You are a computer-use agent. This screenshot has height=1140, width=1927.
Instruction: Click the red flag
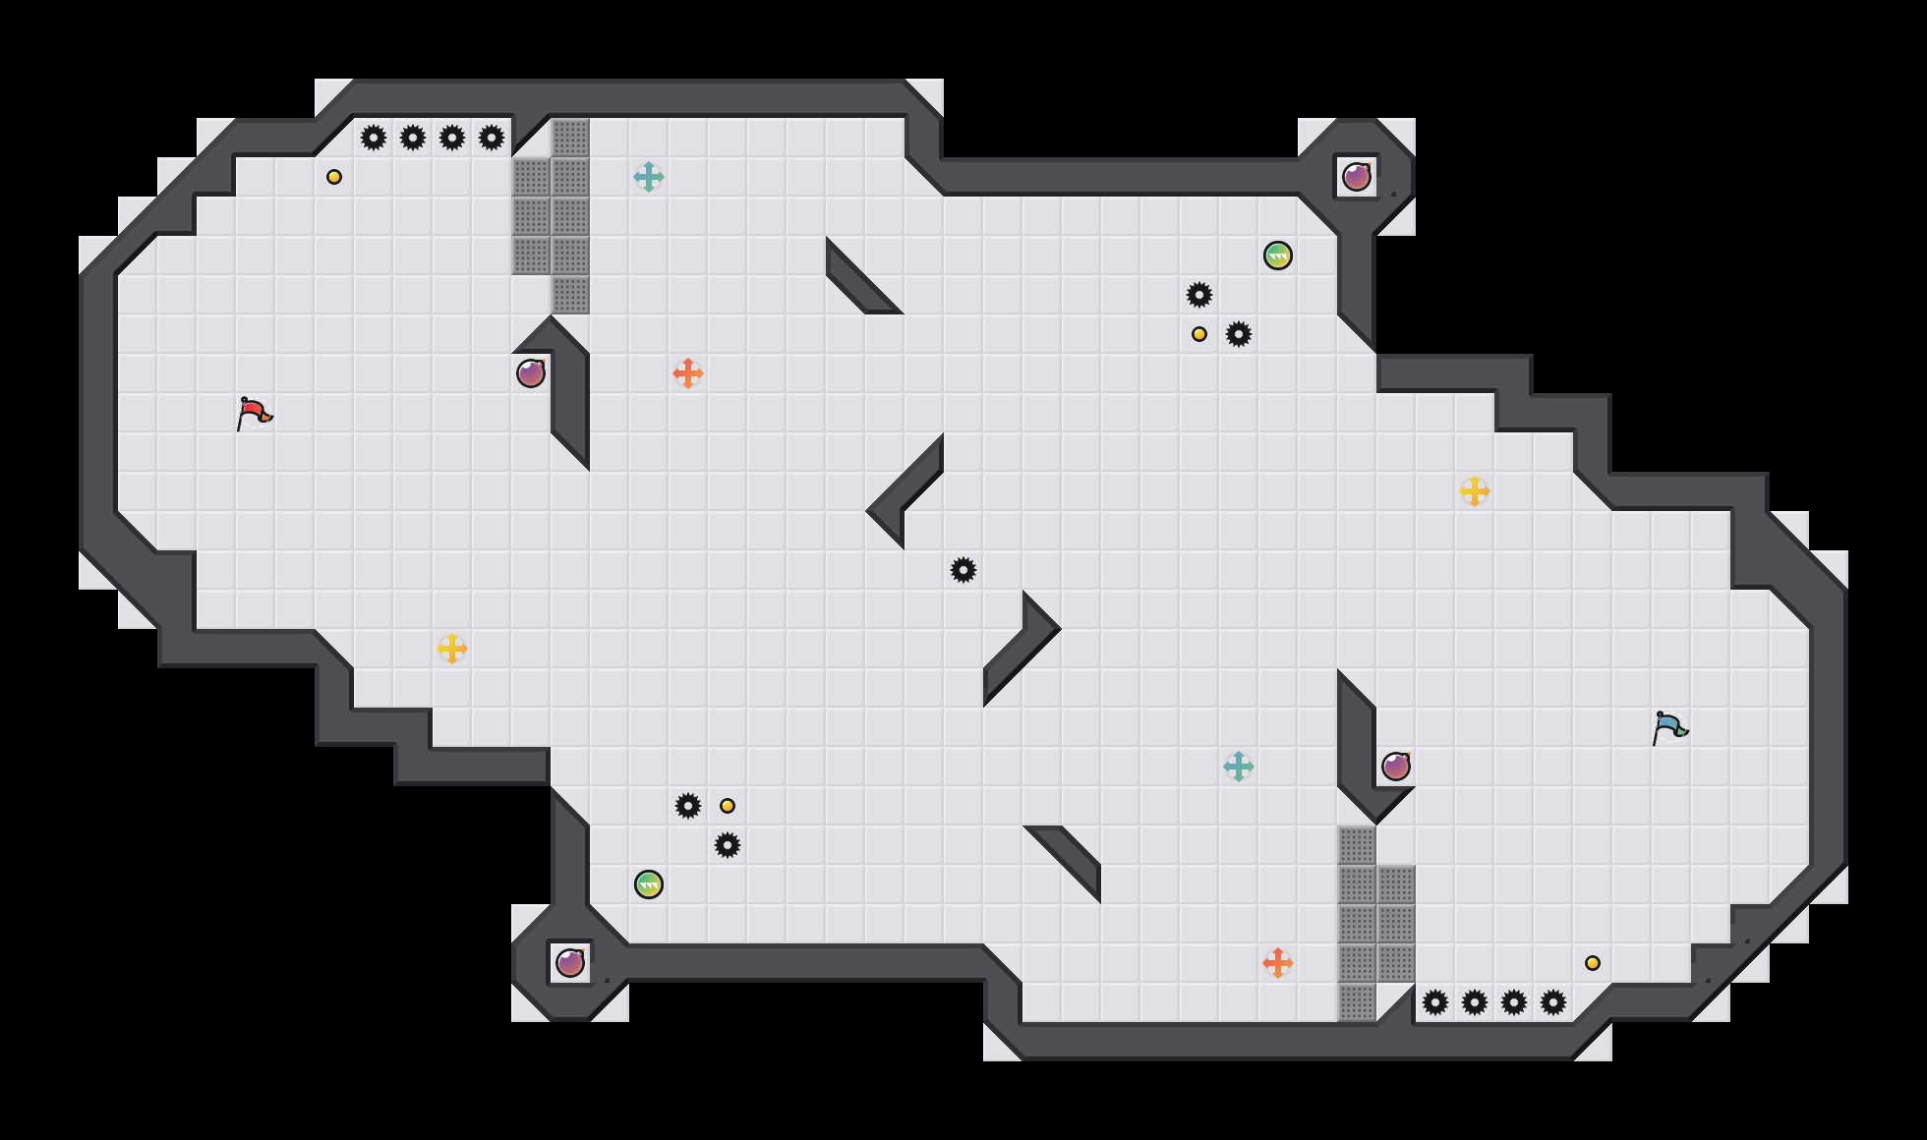[x=254, y=413]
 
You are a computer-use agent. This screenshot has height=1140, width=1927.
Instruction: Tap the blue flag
[x=1669, y=727]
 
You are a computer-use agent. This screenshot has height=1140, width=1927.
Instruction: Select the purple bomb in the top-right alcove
[x=1357, y=177]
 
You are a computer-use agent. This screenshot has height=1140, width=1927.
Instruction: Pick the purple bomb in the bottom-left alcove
[x=570, y=963]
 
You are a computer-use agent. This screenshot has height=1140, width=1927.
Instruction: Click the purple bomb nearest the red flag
[x=531, y=373]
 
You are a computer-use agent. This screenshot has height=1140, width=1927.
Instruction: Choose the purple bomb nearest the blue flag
[x=1396, y=767]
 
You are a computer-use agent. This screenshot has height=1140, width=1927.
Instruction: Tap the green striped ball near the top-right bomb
[x=1278, y=256]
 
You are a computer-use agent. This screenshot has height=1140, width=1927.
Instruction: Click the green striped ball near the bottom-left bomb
[x=649, y=884]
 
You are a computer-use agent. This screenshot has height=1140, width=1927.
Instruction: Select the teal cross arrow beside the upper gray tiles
[x=649, y=177]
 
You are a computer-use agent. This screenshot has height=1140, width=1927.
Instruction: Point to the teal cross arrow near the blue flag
[x=1239, y=767]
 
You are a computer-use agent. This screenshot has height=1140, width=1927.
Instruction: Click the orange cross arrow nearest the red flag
[x=688, y=373]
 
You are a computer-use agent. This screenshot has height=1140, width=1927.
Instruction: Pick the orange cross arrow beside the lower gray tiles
[x=1278, y=963]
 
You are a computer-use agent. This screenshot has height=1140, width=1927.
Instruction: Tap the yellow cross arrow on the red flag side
[x=452, y=649]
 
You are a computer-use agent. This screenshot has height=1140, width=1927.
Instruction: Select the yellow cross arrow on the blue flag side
[x=1475, y=491]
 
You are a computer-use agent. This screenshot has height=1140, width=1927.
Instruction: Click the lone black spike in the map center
[x=963, y=570]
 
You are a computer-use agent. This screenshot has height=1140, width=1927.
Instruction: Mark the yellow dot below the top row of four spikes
[x=334, y=177]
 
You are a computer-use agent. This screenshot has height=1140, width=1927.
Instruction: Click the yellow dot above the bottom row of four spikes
[x=1593, y=963]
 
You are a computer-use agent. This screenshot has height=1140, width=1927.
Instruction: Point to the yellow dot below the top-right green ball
[x=1199, y=334]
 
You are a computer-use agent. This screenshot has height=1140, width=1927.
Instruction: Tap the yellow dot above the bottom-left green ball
[x=728, y=806]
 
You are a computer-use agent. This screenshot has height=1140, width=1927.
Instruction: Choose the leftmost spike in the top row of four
[x=374, y=138]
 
